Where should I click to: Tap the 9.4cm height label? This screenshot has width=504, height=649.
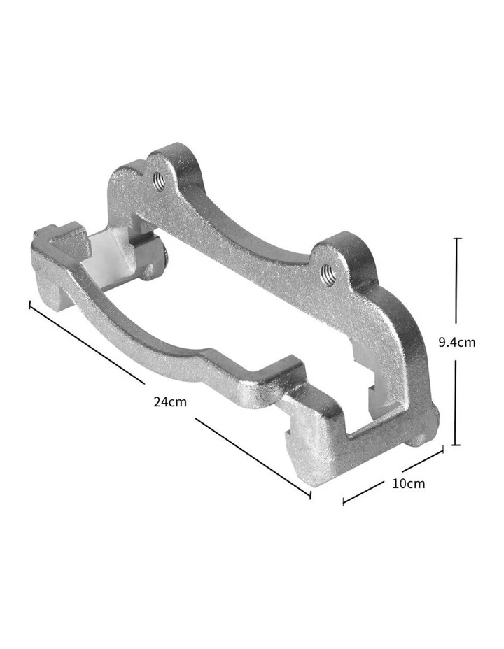pos(456,342)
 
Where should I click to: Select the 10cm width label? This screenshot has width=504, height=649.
pos(409,483)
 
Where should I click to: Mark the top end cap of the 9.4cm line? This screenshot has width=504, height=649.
pos(458,239)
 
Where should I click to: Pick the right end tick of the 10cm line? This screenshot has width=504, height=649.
pos(442,452)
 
